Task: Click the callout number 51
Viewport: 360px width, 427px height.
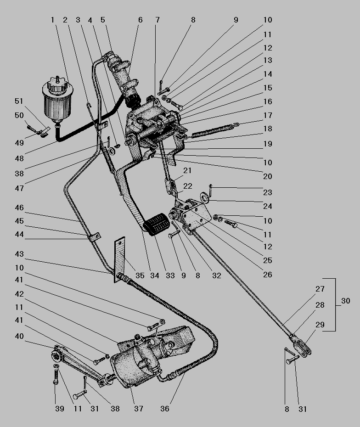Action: tap(19, 101)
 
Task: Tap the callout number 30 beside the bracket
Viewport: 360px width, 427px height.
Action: tap(346, 301)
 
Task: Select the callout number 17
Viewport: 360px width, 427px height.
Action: tap(268, 115)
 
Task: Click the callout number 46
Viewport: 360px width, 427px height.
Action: tap(19, 208)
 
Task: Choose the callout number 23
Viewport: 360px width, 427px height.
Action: tap(268, 192)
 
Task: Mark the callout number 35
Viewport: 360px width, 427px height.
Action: tap(140, 275)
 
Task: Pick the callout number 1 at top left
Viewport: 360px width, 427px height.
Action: tap(52, 20)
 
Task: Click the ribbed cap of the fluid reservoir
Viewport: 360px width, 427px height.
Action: tap(58, 85)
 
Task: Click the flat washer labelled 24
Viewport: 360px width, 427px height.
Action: tap(204, 197)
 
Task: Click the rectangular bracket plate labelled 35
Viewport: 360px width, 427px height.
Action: tap(120, 259)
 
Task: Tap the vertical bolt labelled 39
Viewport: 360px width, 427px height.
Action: tap(56, 377)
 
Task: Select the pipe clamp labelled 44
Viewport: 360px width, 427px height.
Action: tap(94, 237)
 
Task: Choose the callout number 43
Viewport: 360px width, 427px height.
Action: tap(19, 254)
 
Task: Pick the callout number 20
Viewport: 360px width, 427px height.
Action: tap(268, 176)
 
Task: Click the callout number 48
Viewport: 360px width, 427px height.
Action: tap(19, 158)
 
